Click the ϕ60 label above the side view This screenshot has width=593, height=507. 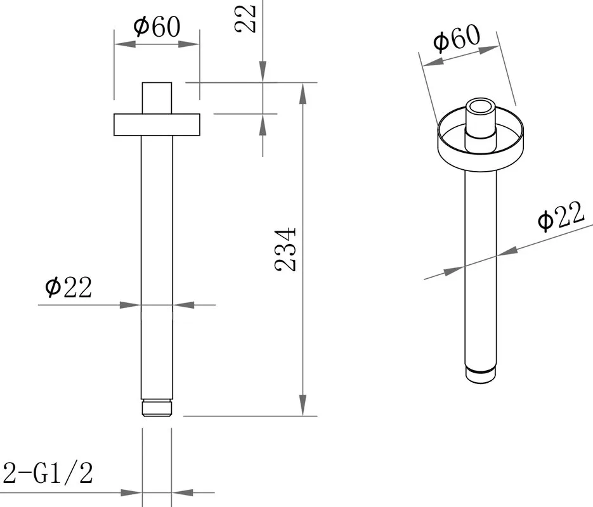pyautogui.click(x=157, y=27)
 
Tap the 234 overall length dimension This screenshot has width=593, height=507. pyautogui.click(x=285, y=249)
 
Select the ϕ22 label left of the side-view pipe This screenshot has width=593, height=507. pyautogui.click(x=68, y=288)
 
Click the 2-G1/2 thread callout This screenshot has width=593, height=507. pyautogui.click(x=48, y=473)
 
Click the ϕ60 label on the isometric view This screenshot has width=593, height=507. pyautogui.click(x=457, y=38)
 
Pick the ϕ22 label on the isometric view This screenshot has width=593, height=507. pyautogui.click(x=561, y=215)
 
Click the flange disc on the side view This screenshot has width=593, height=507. pyautogui.click(x=157, y=124)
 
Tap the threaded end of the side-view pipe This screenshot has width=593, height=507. pyautogui.click(x=157, y=408)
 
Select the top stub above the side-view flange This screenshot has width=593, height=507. pyautogui.click(x=157, y=98)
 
